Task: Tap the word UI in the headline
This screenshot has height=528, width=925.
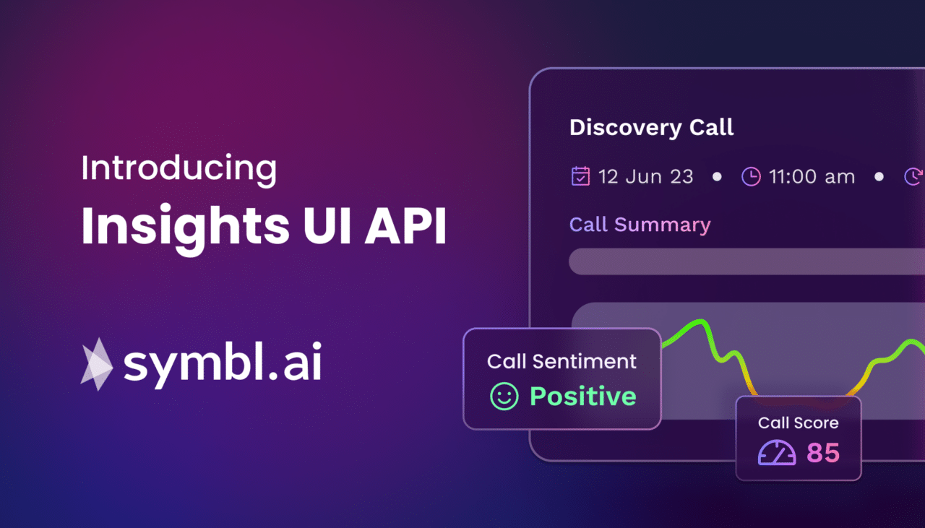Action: pos(313,225)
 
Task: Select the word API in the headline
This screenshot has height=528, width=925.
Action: pos(405,225)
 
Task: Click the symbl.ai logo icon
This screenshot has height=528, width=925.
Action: pos(96,364)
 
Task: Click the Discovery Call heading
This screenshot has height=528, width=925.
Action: pos(651,128)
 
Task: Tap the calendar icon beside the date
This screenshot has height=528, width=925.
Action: pos(580,176)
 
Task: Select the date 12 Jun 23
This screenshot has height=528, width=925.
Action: pos(645,177)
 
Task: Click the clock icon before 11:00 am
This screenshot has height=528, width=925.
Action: pos(751,176)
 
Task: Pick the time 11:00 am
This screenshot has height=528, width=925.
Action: pos(812,177)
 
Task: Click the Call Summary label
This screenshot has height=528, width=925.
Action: pos(640,225)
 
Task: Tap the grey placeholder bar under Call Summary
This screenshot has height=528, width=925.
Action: pos(744,261)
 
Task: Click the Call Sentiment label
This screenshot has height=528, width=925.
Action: pos(562,361)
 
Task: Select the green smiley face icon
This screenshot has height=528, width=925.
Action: pos(504,396)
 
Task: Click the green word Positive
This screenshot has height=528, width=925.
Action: pos(582,396)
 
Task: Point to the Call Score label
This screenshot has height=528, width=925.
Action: pos(798,423)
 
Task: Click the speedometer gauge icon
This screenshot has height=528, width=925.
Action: pos(776,453)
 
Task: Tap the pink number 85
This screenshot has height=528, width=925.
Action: pos(823,453)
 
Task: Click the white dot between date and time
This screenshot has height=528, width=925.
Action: pos(717,176)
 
